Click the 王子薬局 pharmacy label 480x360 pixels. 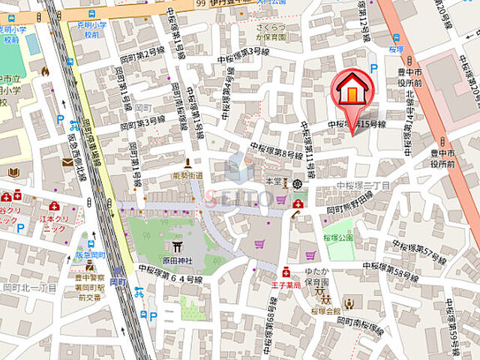pyautogui.click(x=286, y=285)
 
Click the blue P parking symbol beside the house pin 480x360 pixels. pyautogui.click(x=373, y=68)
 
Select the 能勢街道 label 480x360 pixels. pyautogui.click(x=188, y=175)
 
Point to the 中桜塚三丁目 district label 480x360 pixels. pyautogui.click(x=363, y=185)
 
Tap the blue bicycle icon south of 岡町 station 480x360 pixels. pyautogui.click(x=139, y=292)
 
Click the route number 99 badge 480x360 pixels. pyautogui.click(x=200, y=4)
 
